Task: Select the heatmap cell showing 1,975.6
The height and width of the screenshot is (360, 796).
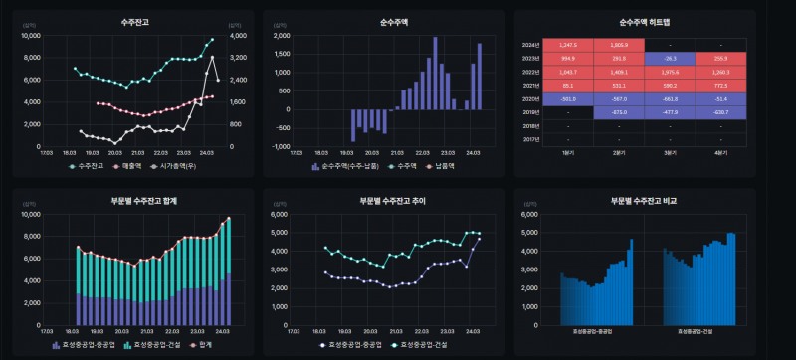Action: (670, 71)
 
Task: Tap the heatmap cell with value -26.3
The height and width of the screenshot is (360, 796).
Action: (670, 58)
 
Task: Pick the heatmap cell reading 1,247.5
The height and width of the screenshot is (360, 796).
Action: (568, 45)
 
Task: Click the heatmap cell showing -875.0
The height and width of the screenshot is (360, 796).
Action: (619, 112)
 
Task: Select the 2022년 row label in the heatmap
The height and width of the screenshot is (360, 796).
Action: (529, 71)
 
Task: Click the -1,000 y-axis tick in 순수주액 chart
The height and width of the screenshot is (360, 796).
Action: (280, 146)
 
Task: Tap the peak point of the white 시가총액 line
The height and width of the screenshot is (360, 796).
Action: (212, 57)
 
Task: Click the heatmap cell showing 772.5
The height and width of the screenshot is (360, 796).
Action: (720, 85)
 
